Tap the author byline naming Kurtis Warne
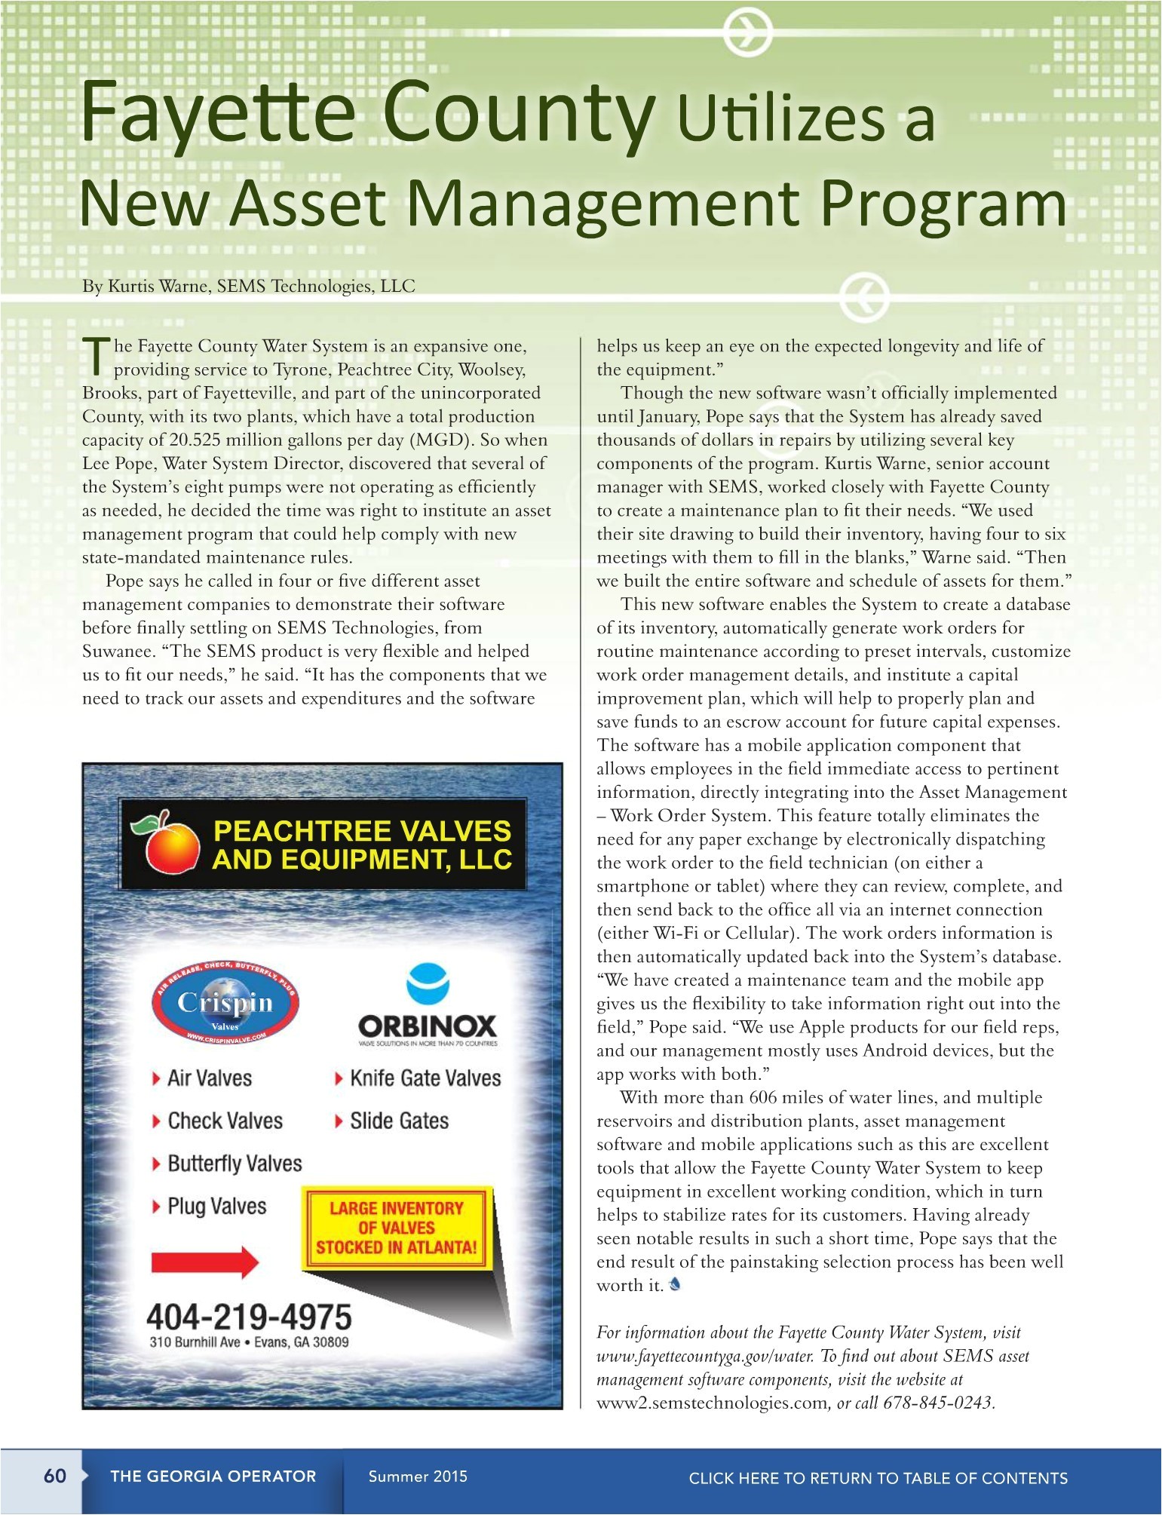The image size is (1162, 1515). click(x=248, y=287)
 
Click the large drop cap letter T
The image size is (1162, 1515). click(x=96, y=356)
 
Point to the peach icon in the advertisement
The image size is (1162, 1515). click(x=168, y=843)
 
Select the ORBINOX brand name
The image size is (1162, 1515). click(x=427, y=1026)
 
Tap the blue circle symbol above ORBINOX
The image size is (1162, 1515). click(x=428, y=983)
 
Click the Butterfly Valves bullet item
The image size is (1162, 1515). click(x=234, y=1164)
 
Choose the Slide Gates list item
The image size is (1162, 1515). click(x=398, y=1121)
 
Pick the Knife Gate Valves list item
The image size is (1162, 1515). click(x=425, y=1078)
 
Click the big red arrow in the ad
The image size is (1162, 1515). click(x=204, y=1262)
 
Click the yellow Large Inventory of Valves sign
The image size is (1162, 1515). click(x=397, y=1228)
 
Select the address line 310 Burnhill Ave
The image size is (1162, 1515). click(x=249, y=1342)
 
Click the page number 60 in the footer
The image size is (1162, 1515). click(x=54, y=1476)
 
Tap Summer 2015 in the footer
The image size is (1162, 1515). click(x=417, y=1477)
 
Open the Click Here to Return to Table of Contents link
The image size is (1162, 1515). click(x=878, y=1478)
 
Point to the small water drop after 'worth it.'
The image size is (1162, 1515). click(x=675, y=1283)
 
